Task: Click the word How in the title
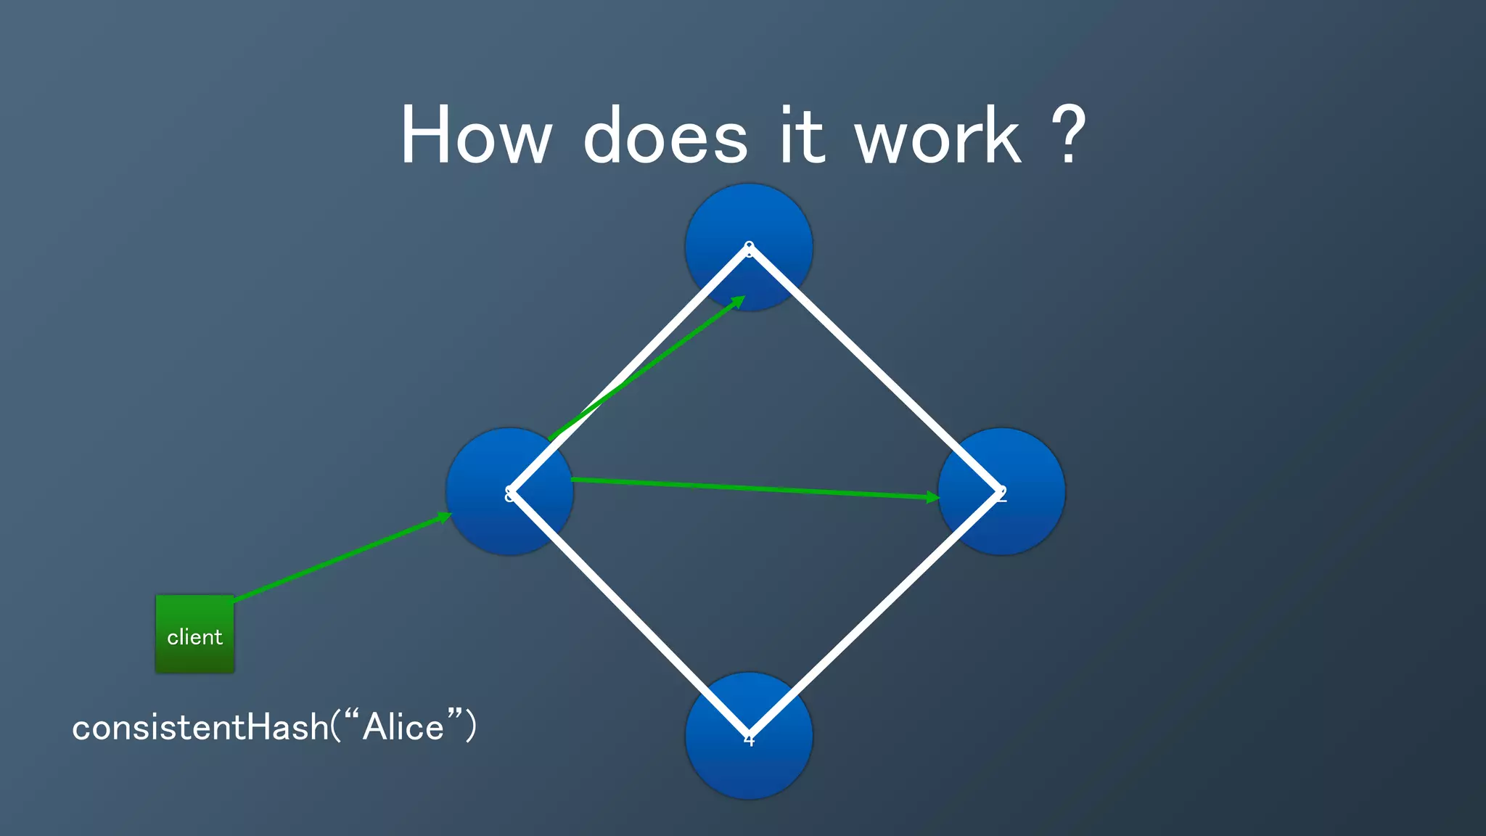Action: pyautogui.click(x=476, y=136)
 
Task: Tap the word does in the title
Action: pyautogui.click(x=665, y=136)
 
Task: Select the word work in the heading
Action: pyautogui.click(x=937, y=136)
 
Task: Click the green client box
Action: pyautogui.click(x=194, y=634)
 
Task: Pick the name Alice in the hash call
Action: pyautogui.click(x=403, y=727)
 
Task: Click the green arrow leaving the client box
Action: pyautogui.click(x=341, y=558)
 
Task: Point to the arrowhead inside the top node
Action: pyautogui.click(x=739, y=300)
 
